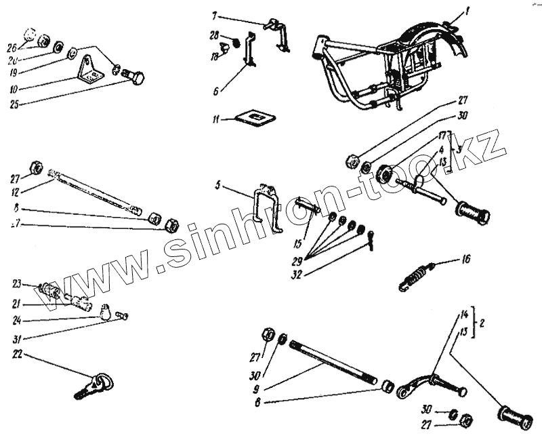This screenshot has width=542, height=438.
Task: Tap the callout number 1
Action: tap(467, 12)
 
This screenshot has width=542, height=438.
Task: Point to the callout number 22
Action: tap(17, 355)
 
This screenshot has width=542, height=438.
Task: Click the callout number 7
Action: tap(215, 15)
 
